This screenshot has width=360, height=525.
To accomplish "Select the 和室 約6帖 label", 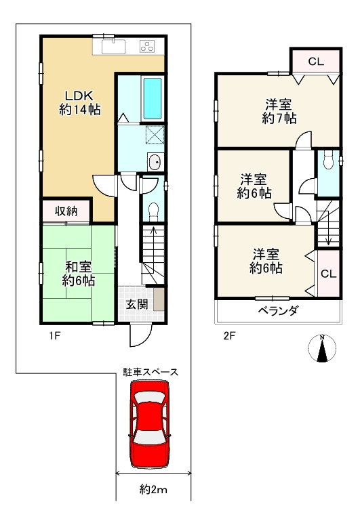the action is coord(79,274).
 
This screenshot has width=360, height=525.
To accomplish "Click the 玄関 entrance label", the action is coord(137,304).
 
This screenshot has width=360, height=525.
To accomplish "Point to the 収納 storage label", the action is coord(66,211).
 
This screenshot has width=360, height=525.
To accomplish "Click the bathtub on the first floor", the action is coord(153,99).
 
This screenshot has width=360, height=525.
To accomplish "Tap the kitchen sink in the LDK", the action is coord(114,46).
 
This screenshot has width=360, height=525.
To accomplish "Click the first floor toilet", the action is coord(153,211).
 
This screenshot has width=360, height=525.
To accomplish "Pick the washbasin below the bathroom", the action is coord(155,163).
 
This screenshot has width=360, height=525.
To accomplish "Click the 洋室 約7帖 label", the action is coord(279,112).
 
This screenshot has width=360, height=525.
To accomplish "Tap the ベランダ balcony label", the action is coord(277,311).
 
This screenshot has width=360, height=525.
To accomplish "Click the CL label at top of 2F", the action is coord(316,61).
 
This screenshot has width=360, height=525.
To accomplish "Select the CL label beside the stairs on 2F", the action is coord(328,274).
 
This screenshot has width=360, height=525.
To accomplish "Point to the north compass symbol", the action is coord(322,348).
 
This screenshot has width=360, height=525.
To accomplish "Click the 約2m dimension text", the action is coord(153,490).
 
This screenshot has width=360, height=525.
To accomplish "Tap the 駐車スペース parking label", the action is coord(151,372).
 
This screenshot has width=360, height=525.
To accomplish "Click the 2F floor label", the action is coord(229,335).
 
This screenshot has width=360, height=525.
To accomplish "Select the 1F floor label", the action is coord(55,335).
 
